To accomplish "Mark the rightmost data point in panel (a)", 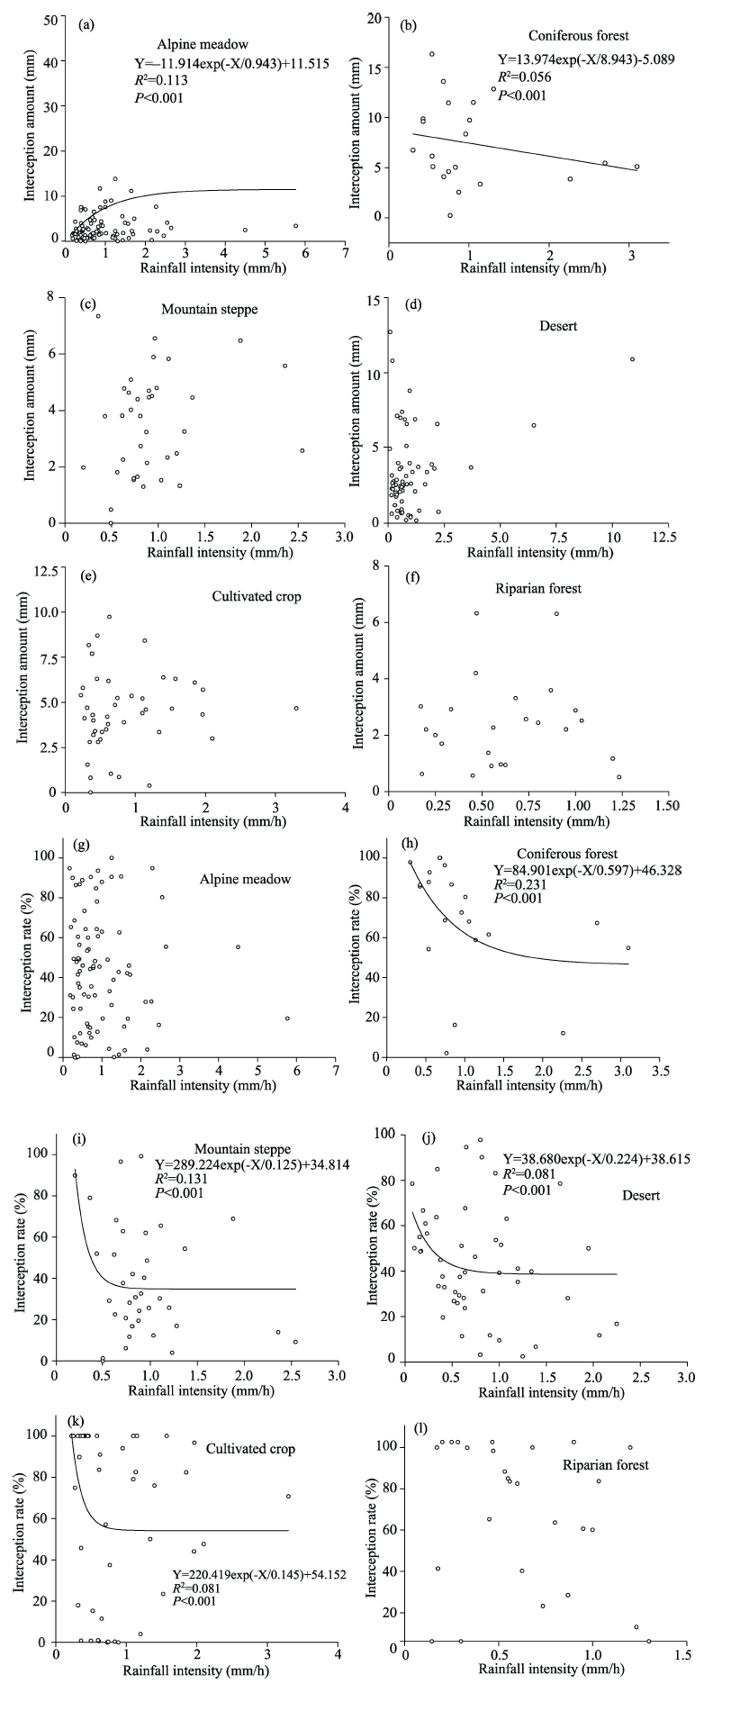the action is [x=295, y=226].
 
